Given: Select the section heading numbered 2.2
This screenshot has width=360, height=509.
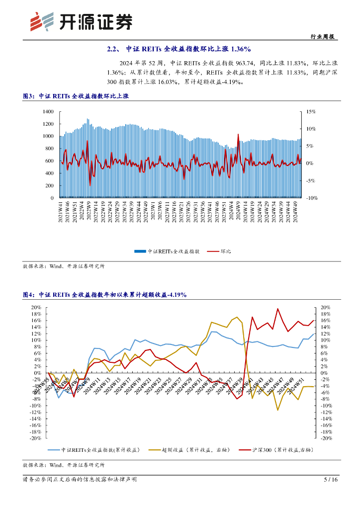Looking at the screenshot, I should tap(179, 49).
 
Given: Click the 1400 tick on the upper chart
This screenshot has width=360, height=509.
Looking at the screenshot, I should tap(48, 111).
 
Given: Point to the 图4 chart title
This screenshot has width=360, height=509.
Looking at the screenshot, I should tap(104, 295).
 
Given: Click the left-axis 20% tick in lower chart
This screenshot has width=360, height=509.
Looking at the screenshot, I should tap(36, 308).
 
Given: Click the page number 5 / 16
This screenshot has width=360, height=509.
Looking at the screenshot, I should tap(331, 480).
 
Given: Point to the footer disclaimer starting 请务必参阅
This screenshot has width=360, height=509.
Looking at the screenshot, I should tap(80, 480).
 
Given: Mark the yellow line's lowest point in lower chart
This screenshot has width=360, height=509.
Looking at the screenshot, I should tap(278, 410).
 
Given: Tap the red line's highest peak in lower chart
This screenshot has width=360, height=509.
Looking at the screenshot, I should tap(278, 309).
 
